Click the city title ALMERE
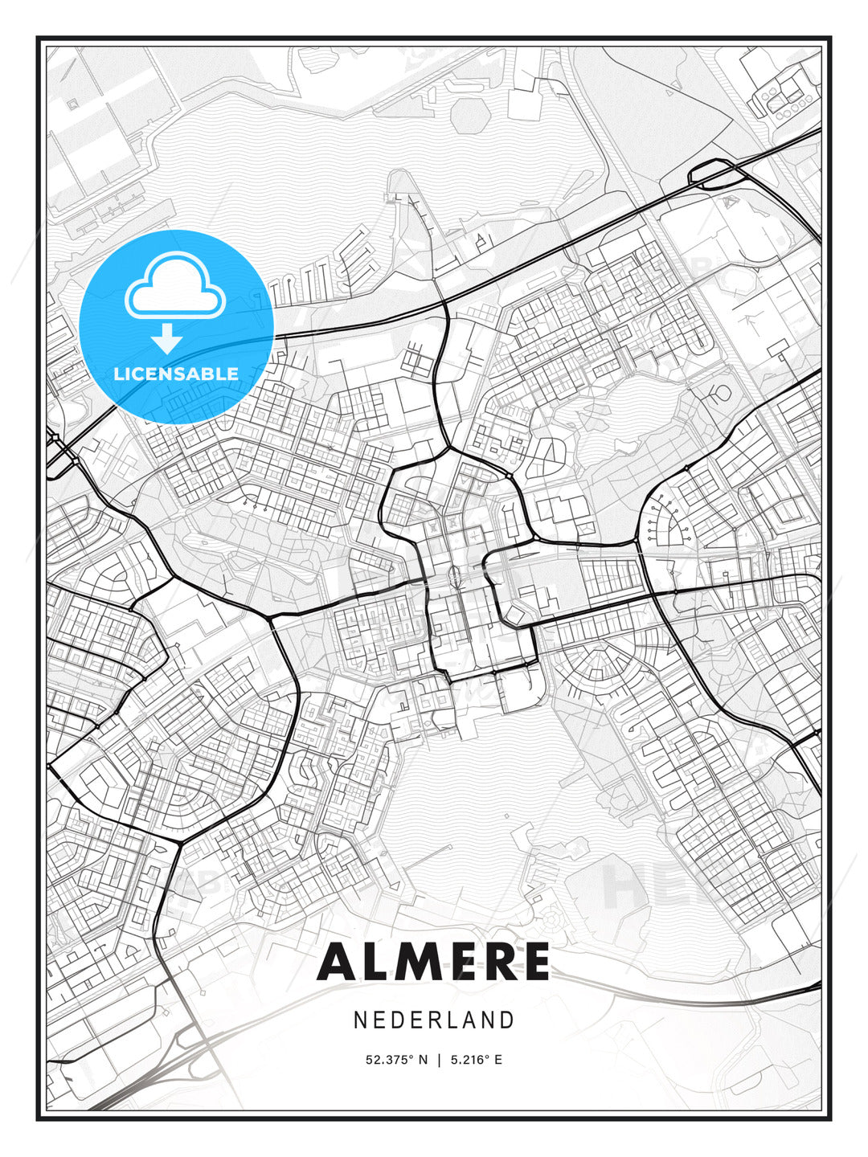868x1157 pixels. (434, 962)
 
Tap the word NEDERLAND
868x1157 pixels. (434, 1020)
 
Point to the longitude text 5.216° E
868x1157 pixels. (477, 1060)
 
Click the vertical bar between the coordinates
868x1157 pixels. (439, 1060)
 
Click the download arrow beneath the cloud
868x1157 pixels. (167, 338)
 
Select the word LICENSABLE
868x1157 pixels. (176, 374)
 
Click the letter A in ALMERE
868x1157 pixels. (338, 962)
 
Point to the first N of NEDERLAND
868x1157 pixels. (360, 1020)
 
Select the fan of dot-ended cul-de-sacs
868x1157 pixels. (666, 522)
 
